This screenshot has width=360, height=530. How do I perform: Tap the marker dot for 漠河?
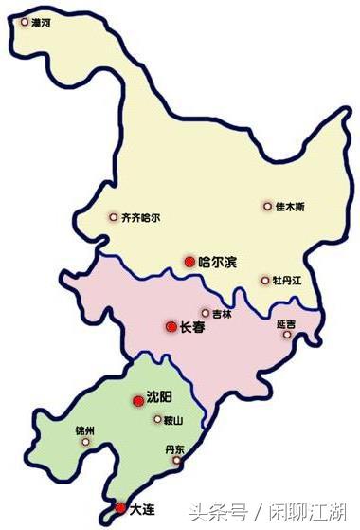pos(24,20)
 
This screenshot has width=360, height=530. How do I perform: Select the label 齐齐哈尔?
pos(140,217)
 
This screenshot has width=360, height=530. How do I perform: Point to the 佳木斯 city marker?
pos(267,206)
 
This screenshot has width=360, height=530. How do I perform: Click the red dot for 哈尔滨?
pos(189,261)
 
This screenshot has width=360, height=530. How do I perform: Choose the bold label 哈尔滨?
pos(219,261)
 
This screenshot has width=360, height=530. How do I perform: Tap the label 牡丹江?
pos(287,280)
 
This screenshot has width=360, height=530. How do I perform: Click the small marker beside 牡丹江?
pos(265,280)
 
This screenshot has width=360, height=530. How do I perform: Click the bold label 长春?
pos(192,327)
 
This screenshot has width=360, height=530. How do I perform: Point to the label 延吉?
pos(286,324)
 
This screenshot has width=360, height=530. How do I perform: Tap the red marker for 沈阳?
pos(137,401)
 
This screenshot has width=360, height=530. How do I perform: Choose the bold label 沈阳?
pos(160,399)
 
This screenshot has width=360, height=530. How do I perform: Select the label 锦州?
pos(85,429)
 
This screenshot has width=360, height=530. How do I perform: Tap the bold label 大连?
pos(141,509)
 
